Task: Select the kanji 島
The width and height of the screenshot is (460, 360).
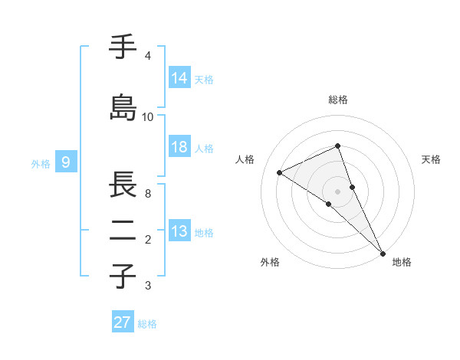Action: (x=123, y=107)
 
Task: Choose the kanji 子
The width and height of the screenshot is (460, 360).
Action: (x=123, y=276)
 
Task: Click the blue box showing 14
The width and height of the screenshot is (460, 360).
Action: (x=179, y=77)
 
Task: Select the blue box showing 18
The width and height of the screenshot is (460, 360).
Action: (x=179, y=148)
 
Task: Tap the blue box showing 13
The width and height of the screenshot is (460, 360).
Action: (x=179, y=232)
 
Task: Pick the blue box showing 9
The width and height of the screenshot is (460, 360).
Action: (x=67, y=162)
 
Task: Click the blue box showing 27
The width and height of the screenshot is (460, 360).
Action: (x=122, y=322)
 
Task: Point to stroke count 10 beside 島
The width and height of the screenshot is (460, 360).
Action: (x=148, y=116)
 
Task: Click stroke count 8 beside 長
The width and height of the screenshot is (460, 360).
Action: (x=148, y=193)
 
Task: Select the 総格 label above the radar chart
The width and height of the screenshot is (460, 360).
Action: (x=338, y=100)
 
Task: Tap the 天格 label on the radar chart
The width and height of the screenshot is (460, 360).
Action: (x=431, y=159)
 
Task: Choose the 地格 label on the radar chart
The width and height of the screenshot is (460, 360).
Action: (x=402, y=262)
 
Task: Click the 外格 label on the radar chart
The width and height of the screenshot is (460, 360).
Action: (x=270, y=262)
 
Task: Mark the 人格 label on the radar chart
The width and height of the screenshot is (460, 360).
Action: (x=245, y=159)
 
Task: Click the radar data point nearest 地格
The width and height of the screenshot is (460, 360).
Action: (x=382, y=252)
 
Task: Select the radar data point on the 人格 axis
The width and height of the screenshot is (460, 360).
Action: (x=280, y=172)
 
